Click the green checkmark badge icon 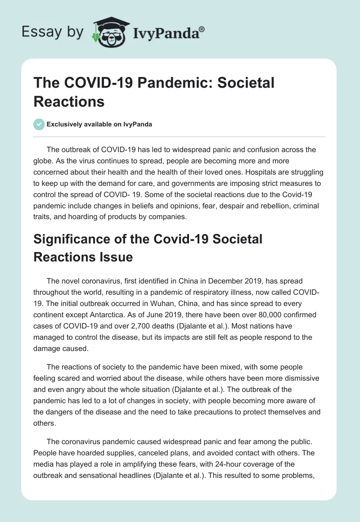tap(39, 124)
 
